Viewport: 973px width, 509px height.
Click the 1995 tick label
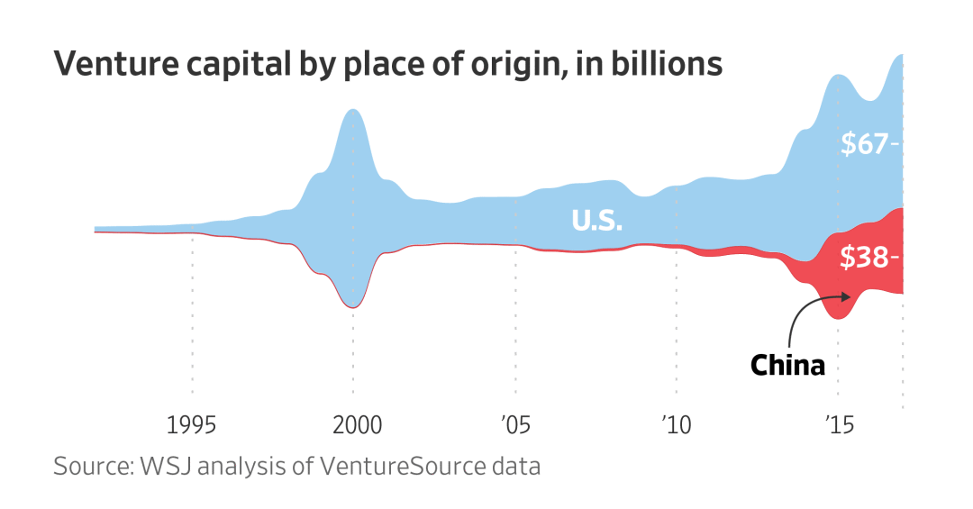coord(192,424)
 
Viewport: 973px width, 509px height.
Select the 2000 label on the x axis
coord(353,424)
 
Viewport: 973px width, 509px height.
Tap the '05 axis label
coord(514,424)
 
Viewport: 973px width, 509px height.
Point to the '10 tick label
coord(676,424)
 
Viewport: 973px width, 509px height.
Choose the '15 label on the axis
coord(838,424)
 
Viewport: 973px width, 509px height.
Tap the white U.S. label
coord(597,221)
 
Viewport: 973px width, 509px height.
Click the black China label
coord(787,365)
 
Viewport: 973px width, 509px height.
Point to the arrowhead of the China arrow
coord(845,295)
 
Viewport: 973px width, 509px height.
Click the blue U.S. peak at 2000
coord(353,135)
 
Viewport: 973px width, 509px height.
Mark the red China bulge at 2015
coord(840,288)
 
